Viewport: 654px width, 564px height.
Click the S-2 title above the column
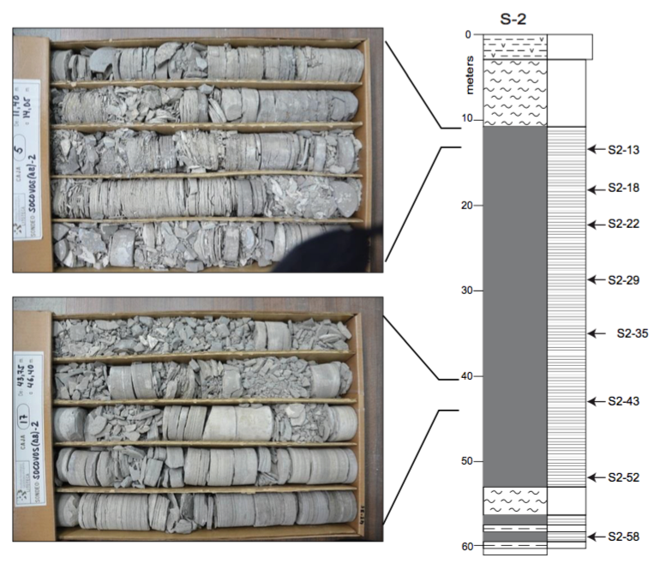514,15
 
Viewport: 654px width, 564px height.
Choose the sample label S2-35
633,333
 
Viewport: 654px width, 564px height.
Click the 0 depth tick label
468,35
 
